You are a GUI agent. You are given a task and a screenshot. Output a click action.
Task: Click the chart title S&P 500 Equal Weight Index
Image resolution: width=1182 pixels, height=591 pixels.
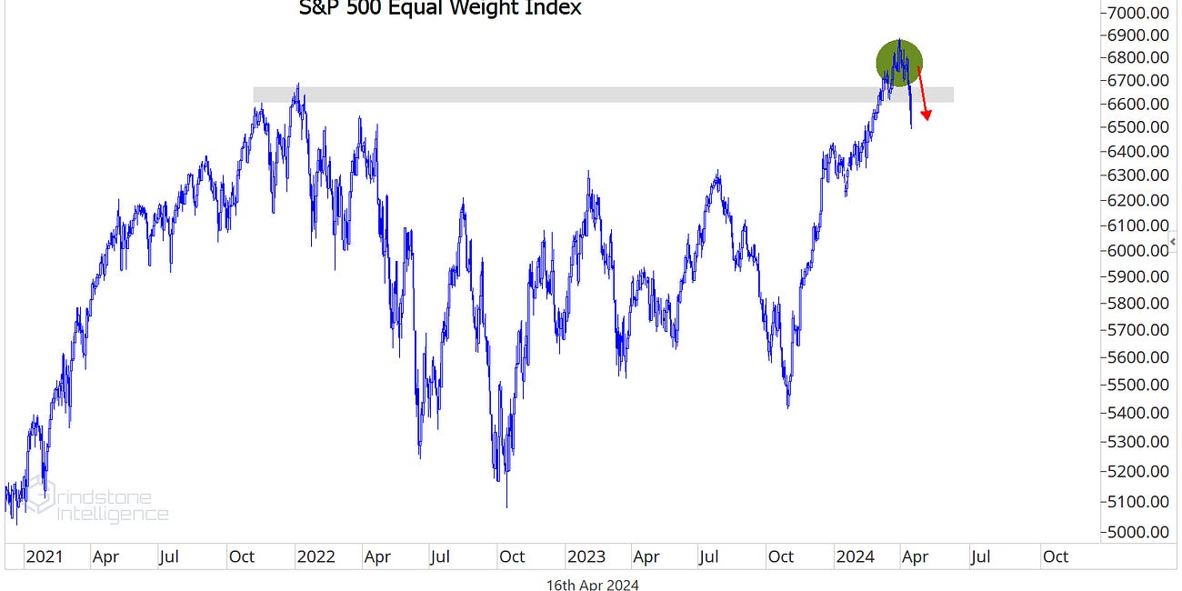(x=440, y=9)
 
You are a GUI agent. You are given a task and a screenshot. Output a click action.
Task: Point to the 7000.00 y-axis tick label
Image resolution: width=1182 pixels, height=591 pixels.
(x=1136, y=13)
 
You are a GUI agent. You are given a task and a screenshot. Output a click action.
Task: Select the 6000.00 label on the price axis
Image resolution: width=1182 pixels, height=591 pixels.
(x=1136, y=250)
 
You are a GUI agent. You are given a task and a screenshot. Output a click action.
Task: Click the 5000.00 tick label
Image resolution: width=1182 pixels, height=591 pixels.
(x=1136, y=531)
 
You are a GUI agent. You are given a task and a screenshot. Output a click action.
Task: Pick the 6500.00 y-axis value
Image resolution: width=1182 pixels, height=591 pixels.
(x=1136, y=127)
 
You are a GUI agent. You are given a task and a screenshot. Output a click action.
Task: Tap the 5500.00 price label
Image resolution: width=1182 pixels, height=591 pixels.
(x=1136, y=385)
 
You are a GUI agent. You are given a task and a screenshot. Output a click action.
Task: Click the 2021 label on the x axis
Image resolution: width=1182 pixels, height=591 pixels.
(x=43, y=556)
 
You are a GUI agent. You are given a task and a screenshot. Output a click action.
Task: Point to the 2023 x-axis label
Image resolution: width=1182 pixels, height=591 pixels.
(x=585, y=556)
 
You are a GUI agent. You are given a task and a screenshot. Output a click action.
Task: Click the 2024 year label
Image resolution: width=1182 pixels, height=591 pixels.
(x=856, y=556)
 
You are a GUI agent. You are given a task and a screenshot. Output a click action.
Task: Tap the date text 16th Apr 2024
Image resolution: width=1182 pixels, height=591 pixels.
(x=592, y=584)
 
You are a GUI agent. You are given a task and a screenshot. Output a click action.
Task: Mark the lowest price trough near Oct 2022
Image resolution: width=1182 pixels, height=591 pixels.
(x=506, y=506)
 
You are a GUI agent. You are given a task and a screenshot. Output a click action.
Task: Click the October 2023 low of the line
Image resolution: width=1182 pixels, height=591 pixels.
(x=787, y=406)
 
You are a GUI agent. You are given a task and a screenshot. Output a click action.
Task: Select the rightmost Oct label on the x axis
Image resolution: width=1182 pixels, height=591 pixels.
(x=1055, y=556)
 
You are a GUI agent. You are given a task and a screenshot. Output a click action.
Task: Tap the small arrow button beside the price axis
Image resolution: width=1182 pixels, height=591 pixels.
(x=1177, y=239)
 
